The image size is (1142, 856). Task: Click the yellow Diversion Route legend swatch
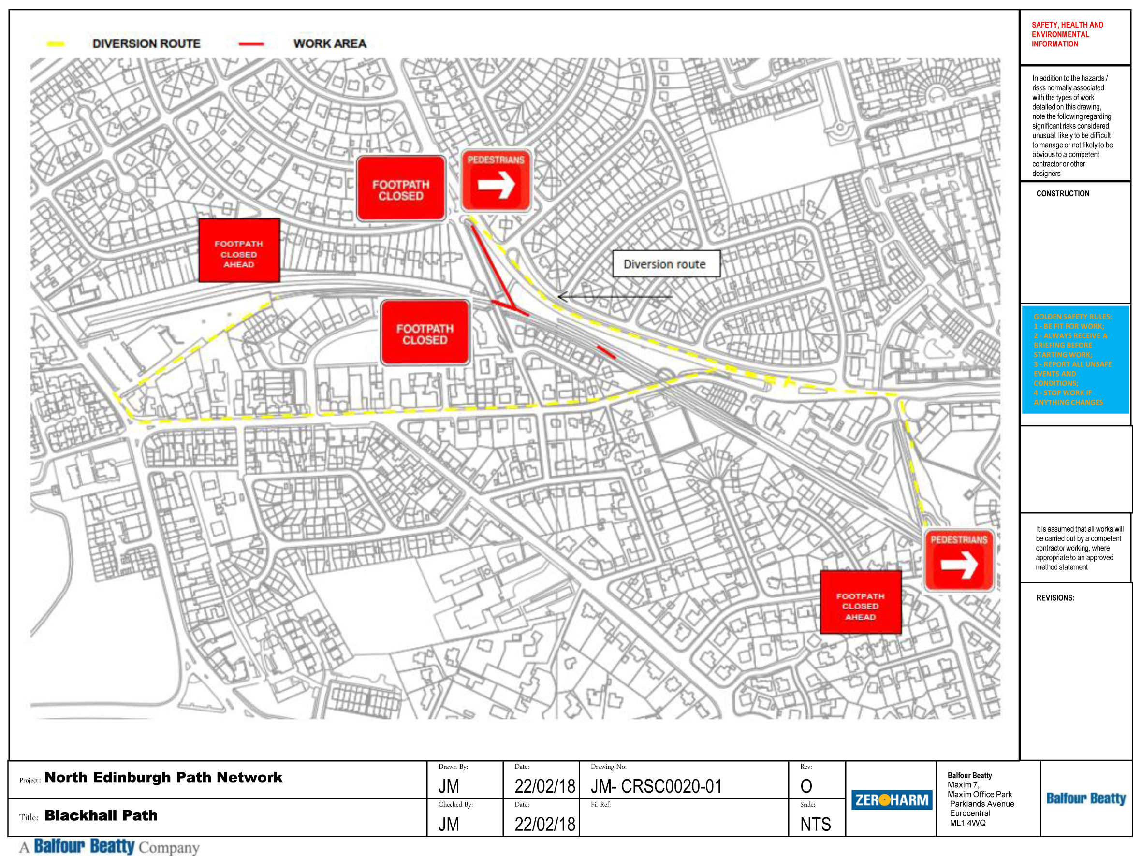(55, 44)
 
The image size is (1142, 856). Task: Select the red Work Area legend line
(251, 44)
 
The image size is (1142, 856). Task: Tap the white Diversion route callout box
(665, 264)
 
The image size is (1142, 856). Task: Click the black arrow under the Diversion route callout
(615, 297)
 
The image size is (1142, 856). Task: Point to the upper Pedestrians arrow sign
(496, 180)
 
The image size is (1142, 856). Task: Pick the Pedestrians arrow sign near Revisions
(959, 560)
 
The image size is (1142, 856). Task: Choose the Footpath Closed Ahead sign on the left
(239, 251)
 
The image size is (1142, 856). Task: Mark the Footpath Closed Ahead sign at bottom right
(860, 602)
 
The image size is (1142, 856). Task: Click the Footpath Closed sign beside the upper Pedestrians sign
(401, 189)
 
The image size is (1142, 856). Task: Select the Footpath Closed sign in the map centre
(425, 334)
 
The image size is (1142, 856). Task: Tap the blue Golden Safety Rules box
(1075, 359)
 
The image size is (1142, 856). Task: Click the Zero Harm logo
(891, 800)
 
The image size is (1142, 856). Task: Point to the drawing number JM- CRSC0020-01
(656, 786)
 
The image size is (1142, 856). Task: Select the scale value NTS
(815, 824)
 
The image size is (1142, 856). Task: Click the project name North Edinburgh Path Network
(163, 778)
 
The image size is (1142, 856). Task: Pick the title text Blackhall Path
(101, 815)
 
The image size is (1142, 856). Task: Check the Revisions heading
(1055, 598)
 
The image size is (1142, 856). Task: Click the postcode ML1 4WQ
(967, 823)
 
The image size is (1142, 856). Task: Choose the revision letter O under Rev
(806, 786)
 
